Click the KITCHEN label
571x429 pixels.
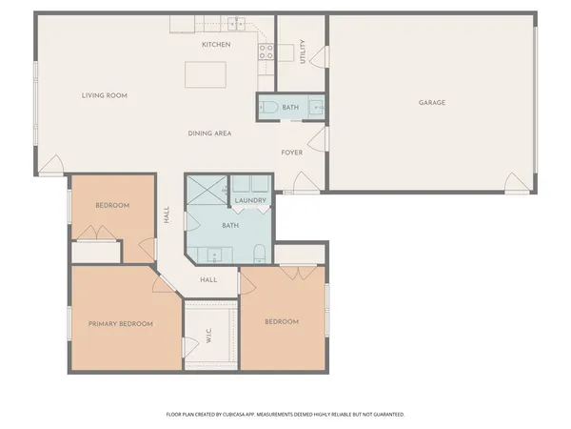coord(216,45)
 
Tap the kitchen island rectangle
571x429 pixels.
coord(207,74)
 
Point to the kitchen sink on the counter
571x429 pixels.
coord(236,23)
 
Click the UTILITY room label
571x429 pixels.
coord(303,51)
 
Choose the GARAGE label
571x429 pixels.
coord(432,102)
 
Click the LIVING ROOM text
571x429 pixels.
coord(105,95)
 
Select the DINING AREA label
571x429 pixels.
coord(210,133)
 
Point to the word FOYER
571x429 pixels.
coord(291,153)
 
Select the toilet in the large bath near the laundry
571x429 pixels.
coord(260,252)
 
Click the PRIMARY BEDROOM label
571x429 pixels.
coord(121,324)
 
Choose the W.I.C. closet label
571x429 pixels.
coord(208,337)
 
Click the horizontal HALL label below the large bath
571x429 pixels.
coord(208,279)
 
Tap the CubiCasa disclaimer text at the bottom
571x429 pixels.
coord(285,415)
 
